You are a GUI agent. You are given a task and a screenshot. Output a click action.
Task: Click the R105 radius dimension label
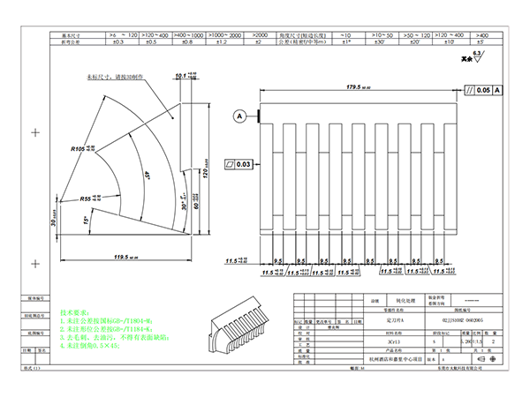(81, 151)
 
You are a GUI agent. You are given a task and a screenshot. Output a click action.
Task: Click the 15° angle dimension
(86, 218)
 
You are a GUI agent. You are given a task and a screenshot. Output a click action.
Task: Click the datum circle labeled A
(239, 116)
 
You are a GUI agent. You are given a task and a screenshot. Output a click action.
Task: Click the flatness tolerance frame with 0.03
(239, 164)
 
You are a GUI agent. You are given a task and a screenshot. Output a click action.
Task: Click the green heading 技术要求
(74, 313)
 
